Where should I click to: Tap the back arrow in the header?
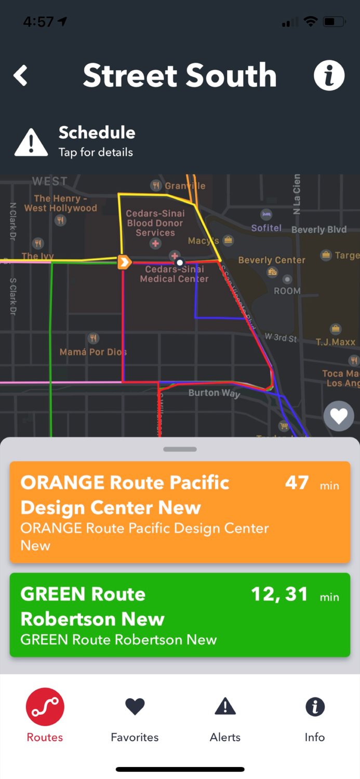pyautogui.click(x=21, y=76)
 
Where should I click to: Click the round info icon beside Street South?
pyautogui.click(x=329, y=76)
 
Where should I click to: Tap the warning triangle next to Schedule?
pyautogui.click(x=31, y=142)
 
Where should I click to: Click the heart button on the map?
pyautogui.click(x=339, y=416)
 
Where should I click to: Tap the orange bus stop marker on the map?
pyautogui.click(x=124, y=262)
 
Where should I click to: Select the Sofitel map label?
pyautogui.click(x=266, y=227)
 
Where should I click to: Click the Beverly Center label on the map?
pyautogui.click(x=271, y=260)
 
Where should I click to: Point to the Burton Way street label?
pyautogui.click(x=214, y=393)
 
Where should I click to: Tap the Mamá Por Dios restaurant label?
pyautogui.click(x=93, y=352)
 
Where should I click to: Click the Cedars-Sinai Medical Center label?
pyautogui.click(x=174, y=274)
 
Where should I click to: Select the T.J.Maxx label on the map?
pyautogui.click(x=336, y=342)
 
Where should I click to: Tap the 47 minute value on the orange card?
pyautogui.click(x=297, y=483)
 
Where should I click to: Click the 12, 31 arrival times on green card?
pyautogui.click(x=279, y=594)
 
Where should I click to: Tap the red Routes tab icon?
pyautogui.click(x=45, y=707)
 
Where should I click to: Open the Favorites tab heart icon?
pyautogui.click(x=135, y=706)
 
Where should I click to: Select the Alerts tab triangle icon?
pyautogui.click(x=225, y=706)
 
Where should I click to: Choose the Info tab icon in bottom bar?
pyautogui.click(x=315, y=706)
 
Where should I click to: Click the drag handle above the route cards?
pyautogui.click(x=180, y=449)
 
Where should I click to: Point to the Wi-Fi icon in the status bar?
pyautogui.click(x=311, y=22)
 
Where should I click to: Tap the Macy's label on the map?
pyautogui.click(x=203, y=240)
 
